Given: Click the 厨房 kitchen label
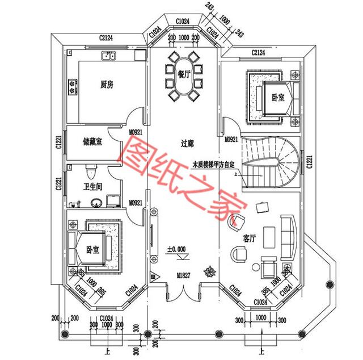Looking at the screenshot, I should tap(107, 85).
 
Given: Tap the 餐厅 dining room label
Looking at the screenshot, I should tap(183, 74).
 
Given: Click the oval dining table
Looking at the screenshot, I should tap(183, 77).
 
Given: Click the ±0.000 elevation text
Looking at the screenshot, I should tap(177, 249).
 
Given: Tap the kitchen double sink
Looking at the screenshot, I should tap(108, 56).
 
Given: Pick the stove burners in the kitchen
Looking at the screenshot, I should tap(73, 86).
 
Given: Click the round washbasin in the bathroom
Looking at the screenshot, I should tap(96, 200).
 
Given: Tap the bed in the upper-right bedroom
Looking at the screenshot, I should tap(272, 97).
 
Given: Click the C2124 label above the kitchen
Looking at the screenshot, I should tap(106, 38).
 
